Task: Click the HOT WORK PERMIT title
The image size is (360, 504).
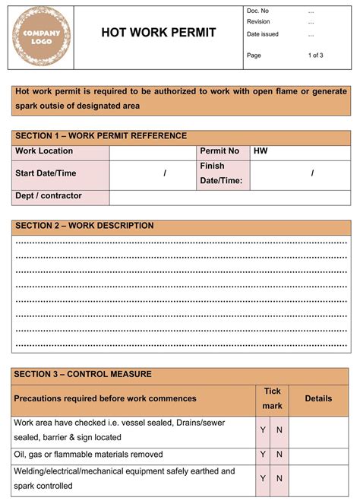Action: coord(159,33)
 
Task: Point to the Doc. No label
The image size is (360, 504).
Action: coord(257,11)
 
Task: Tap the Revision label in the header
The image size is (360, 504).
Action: coord(258,22)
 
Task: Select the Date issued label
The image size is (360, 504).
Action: coord(262,34)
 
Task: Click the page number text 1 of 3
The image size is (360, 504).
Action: coord(315,55)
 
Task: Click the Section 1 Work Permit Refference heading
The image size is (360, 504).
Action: coord(101,136)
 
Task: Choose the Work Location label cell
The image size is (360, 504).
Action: coord(45,151)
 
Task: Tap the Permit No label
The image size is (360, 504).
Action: coord(219,151)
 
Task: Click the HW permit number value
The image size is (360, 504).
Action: coord(261,151)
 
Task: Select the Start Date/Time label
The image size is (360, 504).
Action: coord(46,173)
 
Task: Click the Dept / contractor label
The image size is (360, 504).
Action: coord(49,195)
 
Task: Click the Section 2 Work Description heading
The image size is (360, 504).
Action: coord(84,226)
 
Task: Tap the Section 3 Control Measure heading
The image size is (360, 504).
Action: coord(84,374)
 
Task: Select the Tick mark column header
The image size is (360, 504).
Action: coord(272,398)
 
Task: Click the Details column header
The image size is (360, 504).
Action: coord(318,398)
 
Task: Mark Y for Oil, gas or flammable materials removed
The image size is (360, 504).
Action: coord(263,454)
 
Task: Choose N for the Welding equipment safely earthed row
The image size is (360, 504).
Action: coord(279,478)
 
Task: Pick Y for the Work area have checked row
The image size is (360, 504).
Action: coord(263,430)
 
